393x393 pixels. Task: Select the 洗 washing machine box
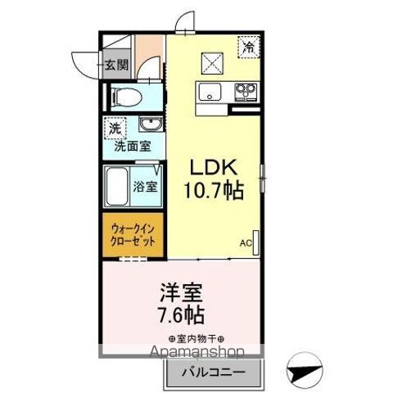tap(115, 128)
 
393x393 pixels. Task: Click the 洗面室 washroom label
tap(131, 147)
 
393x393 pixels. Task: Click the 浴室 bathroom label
tap(146, 186)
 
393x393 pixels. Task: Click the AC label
tap(246, 243)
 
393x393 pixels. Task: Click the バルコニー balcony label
tap(218, 373)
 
